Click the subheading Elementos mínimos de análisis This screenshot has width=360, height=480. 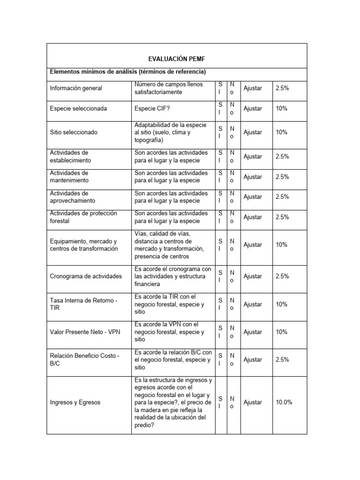click(x=128, y=72)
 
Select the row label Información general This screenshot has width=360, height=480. click(x=76, y=88)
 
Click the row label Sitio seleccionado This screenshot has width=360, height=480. click(x=74, y=132)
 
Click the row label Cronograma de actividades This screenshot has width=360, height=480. click(x=86, y=276)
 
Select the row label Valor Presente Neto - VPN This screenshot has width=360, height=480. click(x=85, y=332)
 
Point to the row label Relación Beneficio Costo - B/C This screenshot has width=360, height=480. click(x=84, y=360)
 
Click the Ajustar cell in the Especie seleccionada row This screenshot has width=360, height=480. click(x=253, y=108)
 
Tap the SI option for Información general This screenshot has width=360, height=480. click(x=221, y=88)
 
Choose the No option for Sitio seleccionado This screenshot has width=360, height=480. click(x=232, y=132)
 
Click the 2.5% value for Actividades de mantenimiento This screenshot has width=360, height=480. click(x=282, y=177)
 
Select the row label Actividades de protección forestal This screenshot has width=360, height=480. click(x=83, y=217)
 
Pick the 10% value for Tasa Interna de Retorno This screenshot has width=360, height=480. click(x=281, y=304)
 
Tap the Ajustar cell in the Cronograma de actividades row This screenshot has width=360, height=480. click(x=253, y=276)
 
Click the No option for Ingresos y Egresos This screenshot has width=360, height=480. click(x=232, y=402)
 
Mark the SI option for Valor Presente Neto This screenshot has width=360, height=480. click(x=221, y=332)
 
